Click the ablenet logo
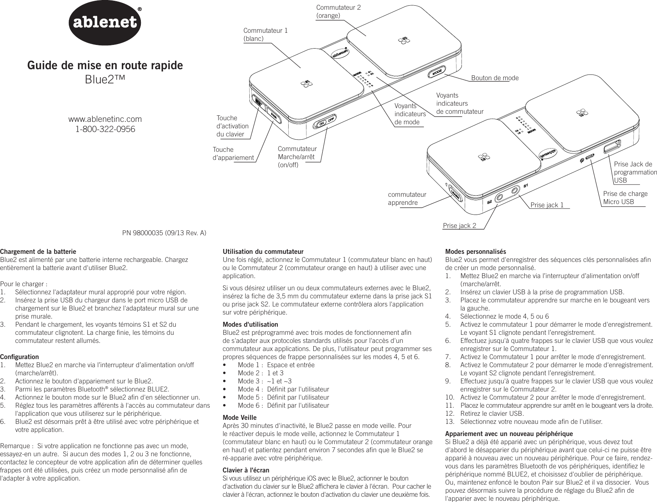106,23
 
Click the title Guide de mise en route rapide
105,65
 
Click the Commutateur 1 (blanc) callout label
266,34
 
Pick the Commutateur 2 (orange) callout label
338,12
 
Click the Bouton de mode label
495,78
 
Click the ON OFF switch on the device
326,121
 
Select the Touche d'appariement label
233,154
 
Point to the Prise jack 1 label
547,205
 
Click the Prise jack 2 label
459,225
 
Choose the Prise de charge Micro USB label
625,198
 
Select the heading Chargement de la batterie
38,252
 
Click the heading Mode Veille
240,417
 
